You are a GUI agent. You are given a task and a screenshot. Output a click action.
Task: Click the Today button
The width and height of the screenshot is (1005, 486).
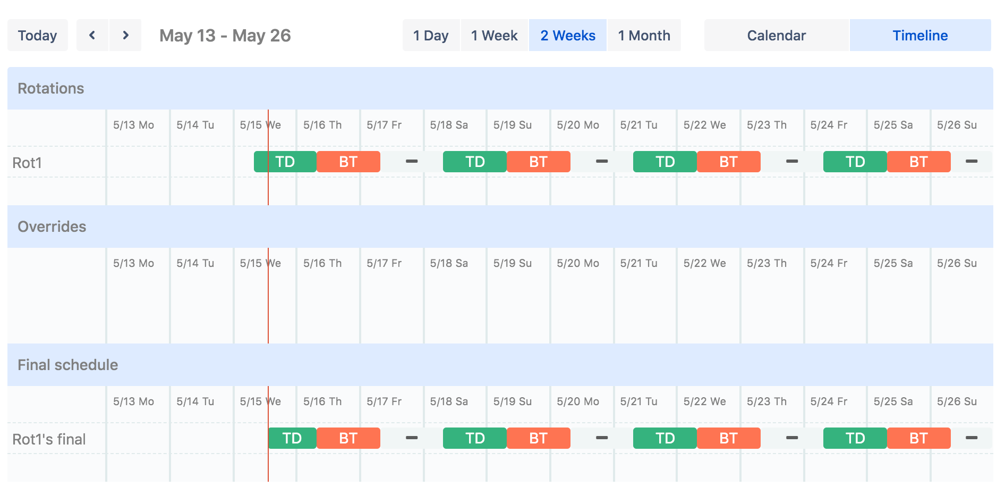click(x=37, y=36)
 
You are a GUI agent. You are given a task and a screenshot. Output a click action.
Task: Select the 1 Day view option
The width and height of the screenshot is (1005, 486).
click(x=431, y=36)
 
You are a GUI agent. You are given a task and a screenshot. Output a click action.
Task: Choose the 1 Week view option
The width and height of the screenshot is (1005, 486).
click(x=494, y=36)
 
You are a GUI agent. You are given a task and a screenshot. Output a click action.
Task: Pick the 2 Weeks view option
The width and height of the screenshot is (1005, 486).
click(x=567, y=36)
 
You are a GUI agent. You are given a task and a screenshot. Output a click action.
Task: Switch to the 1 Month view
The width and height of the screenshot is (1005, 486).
click(x=644, y=36)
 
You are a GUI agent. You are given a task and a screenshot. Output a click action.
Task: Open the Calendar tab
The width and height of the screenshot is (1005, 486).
click(x=776, y=36)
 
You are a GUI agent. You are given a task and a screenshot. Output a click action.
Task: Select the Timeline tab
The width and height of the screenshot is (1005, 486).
click(x=920, y=36)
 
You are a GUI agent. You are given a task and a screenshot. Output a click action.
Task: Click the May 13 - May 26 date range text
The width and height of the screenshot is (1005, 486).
click(x=225, y=36)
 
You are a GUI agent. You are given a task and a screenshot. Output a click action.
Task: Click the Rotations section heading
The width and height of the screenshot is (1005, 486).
click(x=51, y=88)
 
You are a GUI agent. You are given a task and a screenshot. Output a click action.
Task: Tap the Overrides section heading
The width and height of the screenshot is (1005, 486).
click(x=52, y=227)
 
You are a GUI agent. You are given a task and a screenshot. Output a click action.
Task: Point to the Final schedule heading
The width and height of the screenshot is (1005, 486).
click(x=68, y=365)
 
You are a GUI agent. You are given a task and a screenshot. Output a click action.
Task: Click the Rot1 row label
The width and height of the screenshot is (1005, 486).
click(x=27, y=163)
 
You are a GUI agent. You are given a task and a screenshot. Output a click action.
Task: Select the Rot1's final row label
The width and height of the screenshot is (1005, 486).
click(x=49, y=439)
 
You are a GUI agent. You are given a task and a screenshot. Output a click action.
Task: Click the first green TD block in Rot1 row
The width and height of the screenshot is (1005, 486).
click(x=285, y=162)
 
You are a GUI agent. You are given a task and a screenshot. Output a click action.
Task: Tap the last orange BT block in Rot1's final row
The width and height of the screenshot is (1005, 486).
click(x=918, y=438)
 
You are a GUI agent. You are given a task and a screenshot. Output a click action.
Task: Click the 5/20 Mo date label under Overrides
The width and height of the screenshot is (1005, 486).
click(x=577, y=263)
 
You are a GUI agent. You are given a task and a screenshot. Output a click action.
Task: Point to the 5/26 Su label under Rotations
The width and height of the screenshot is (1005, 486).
click(x=956, y=125)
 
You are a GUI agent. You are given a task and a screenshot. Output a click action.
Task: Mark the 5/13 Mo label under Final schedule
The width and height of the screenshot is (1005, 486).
click(x=133, y=401)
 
